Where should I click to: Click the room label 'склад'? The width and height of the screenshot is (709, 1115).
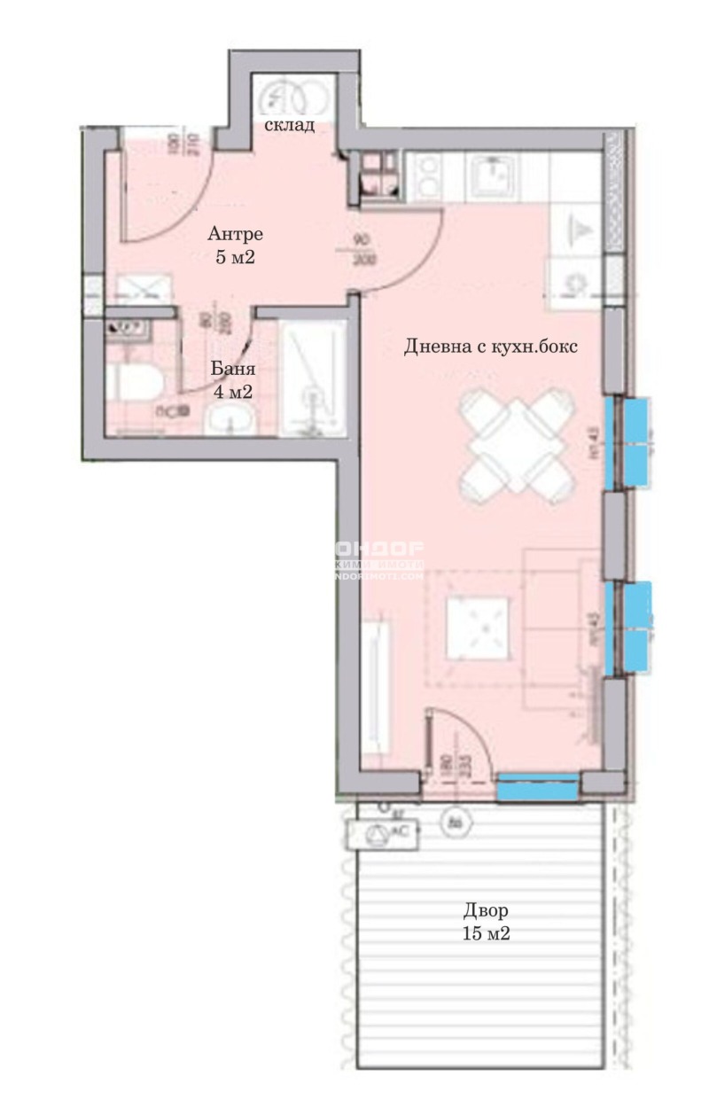[289, 125]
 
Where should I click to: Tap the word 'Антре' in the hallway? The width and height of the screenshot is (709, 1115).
[235, 235]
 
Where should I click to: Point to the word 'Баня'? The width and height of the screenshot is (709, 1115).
[233, 369]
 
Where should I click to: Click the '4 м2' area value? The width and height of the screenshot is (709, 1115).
[233, 392]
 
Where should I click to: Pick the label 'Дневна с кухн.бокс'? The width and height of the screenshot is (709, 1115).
[490, 347]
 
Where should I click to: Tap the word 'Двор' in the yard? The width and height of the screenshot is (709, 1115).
[486, 910]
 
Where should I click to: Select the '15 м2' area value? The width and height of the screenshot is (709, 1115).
[486, 933]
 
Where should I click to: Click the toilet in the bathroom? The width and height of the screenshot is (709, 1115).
[133, 385]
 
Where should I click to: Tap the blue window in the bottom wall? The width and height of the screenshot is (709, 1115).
[536, 786]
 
